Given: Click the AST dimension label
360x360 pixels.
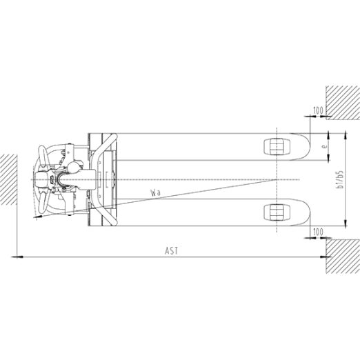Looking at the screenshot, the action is tap(172, 251).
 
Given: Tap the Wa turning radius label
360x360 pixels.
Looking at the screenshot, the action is tap(155, 192).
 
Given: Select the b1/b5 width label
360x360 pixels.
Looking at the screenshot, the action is tap(339, 179).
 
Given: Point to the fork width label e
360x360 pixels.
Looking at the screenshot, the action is tap(323, 146).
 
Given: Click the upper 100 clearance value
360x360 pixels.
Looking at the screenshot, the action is tap(318, 110).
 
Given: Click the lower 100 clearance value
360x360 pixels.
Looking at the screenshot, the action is tap(318, 232).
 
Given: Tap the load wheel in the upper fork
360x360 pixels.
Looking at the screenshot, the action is tap(277, 146).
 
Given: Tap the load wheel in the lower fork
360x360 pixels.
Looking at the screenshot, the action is tap(277, 212).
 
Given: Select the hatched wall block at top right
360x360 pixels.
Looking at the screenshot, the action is tap(343, 103).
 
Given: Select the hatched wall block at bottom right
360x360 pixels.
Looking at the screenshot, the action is tap(343, 256).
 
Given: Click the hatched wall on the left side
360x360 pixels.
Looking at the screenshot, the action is tap(8, 179).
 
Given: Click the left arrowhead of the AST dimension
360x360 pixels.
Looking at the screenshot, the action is tap(14, 257).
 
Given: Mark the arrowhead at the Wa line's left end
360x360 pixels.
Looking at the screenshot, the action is tap(37, 217).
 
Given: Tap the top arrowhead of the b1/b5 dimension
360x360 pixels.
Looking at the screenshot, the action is tap(345, 136).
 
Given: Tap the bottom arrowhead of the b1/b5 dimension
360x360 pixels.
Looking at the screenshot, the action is tap(345, 223).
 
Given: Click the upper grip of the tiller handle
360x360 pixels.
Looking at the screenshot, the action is tap(43, 155).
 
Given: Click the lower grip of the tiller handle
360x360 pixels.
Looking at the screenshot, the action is tap(43, 203).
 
